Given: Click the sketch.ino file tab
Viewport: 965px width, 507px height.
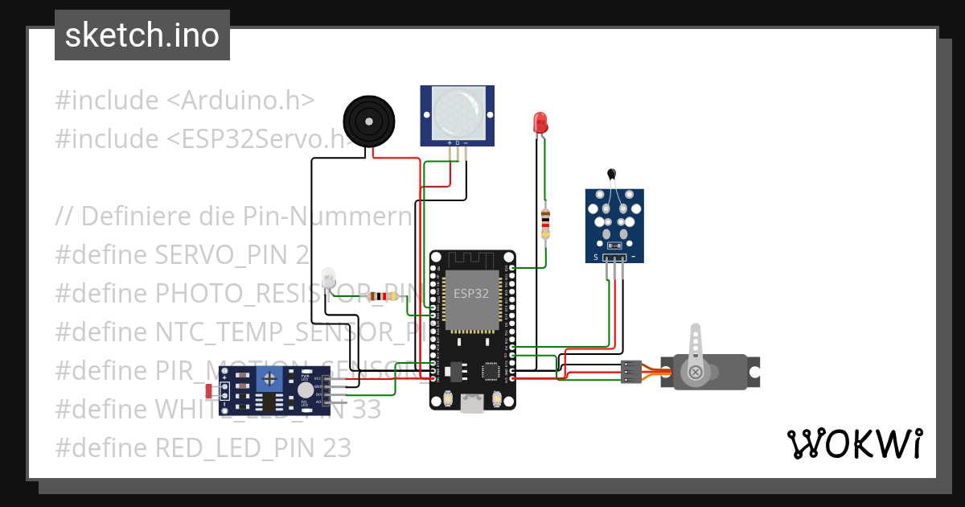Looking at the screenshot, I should (x=142, y=35).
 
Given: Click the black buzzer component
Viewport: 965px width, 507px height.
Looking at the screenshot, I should (x=369, y=122).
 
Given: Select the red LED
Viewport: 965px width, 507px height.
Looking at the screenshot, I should (x=540, y=123).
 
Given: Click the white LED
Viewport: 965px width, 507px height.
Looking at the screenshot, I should (x=327, y=279).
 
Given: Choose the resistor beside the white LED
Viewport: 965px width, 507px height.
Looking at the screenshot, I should (x=381, y=296).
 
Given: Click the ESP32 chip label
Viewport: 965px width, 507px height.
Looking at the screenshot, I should (x=470, y=294).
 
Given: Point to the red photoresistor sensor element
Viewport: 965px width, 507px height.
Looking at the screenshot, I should (x=210, y=391).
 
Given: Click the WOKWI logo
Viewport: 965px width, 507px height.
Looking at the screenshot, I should (x=854, y=443).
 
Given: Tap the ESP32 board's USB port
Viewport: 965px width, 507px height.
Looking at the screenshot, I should (x=471, y=405).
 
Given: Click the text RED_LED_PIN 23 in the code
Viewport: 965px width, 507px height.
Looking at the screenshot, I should (x=253, y=448).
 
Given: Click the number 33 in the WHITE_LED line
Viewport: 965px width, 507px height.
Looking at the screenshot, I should (x=366, y=410).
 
